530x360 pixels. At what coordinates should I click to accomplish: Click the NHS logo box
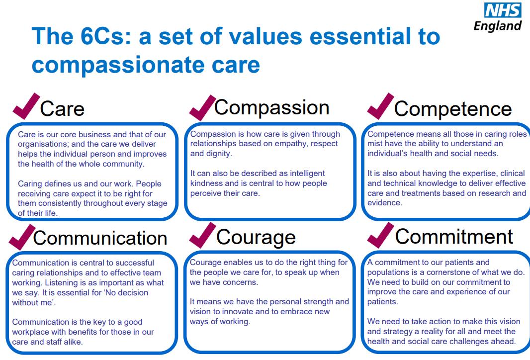click(503, 10)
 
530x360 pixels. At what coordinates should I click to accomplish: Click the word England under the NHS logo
click(498, 26)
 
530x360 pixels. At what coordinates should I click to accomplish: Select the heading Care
click(62, 108)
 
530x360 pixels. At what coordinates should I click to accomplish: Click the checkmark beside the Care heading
click(26, 106)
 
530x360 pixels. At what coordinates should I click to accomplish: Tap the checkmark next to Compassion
click(202, 108)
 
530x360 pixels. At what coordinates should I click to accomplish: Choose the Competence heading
click(453, 109)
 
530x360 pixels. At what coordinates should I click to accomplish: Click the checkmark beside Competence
click(380, 106)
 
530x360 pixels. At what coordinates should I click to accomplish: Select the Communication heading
click(100, 238)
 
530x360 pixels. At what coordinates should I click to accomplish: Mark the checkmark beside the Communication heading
click(22, 237)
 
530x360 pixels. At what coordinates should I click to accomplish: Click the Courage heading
click(256, 237)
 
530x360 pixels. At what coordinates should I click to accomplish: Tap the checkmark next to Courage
click(202, 235)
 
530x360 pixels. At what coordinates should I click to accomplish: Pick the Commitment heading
click(454, 236)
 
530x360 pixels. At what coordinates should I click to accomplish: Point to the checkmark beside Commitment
click(380, 235)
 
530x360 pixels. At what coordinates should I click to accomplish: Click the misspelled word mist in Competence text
click(374, 143)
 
